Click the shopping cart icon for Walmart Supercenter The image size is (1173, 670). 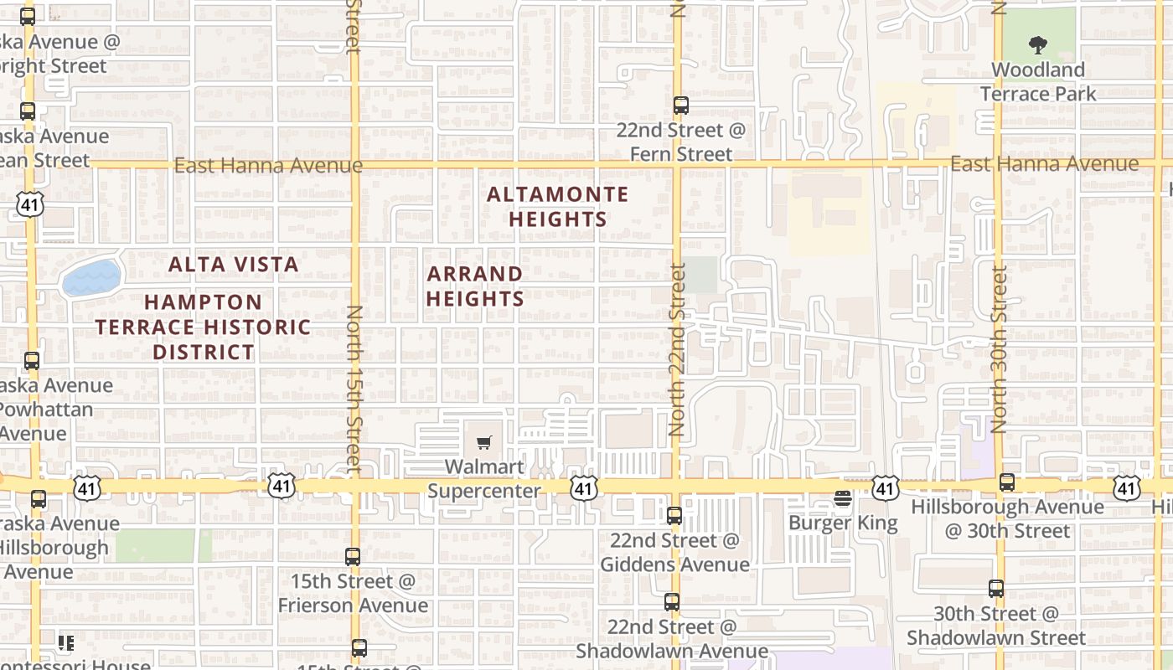(x=484, y=442)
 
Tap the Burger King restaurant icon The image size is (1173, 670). (x=843, y=499)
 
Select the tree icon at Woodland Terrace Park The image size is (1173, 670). (x=1037, y=45)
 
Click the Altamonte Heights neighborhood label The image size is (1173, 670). (x=557, y=207)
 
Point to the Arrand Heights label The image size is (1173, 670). (x=475, y=286)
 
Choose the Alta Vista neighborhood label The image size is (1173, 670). (x=233, y=265)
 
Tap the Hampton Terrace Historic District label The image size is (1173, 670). (x=203, y=327)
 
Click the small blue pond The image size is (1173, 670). (x=92, y=277)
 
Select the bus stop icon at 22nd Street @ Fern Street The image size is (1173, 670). (x=681, y=106)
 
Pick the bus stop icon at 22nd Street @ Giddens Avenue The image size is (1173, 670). (x=674, y=516)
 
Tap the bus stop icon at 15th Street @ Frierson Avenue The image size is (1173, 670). (x=353, y=557)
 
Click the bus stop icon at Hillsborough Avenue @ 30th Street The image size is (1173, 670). (x=1007, y=482)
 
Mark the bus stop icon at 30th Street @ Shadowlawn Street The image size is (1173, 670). (x=996, y=589)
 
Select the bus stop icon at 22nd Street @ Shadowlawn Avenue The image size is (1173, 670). (x=672, y=602)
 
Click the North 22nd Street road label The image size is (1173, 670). (x=677, y=349)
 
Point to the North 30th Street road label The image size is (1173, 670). (x=998, y=349)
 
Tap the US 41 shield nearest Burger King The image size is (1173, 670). (x=885, y=487)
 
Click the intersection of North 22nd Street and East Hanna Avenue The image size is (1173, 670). (x=677, y=164)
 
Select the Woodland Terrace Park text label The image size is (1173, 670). (x=1037, y=82)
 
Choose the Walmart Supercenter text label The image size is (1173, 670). (x=484, y=478)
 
